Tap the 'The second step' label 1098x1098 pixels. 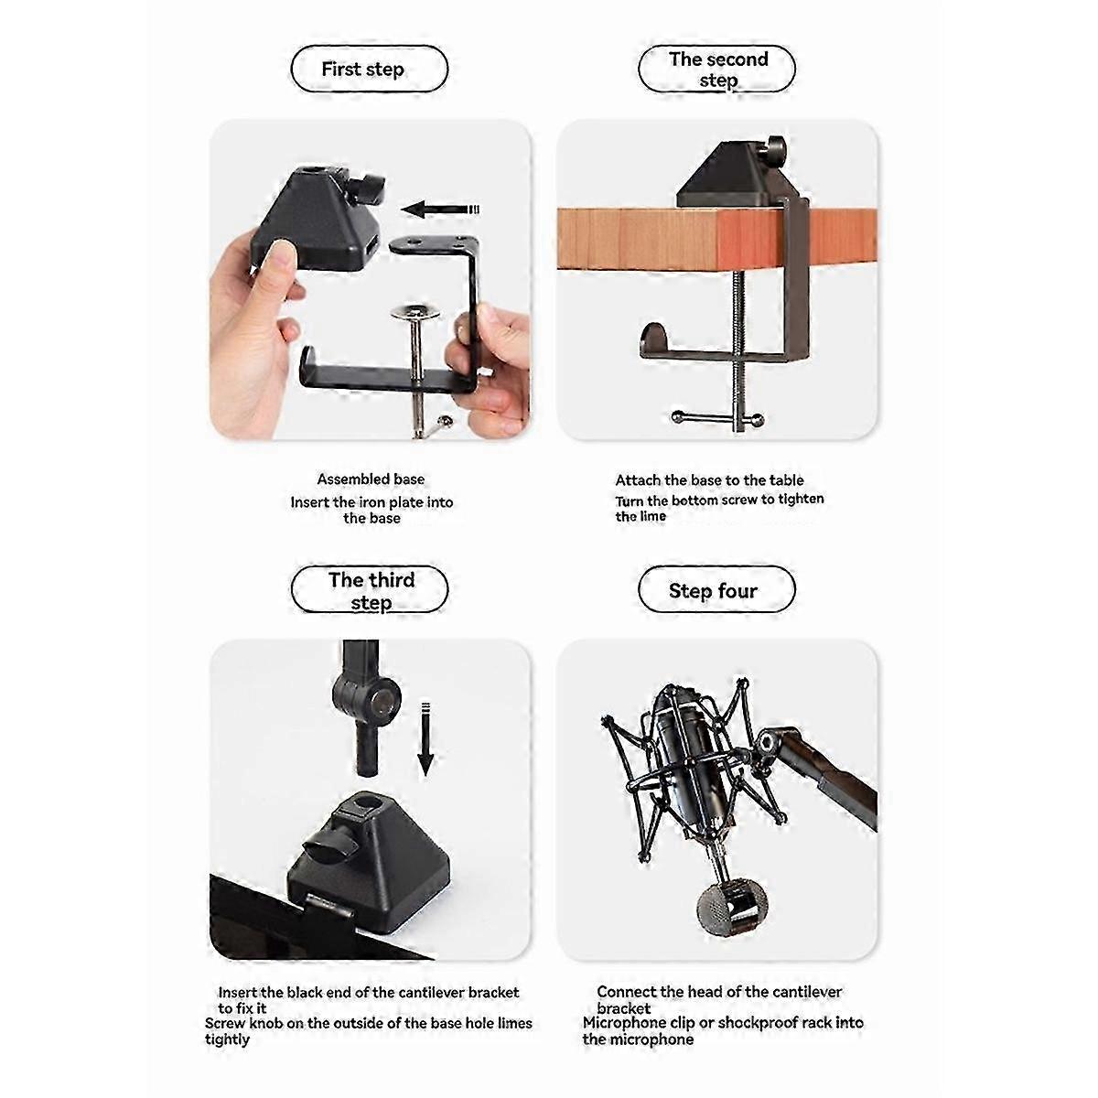(x=717, y=70)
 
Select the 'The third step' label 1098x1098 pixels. (x=370, y=590)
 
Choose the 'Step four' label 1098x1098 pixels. (x=714, y=590)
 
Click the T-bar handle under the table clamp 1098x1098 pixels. (x=717, y=419)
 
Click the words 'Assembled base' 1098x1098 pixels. (x=371, y=479)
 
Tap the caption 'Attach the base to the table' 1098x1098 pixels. (x=709, y=479)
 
